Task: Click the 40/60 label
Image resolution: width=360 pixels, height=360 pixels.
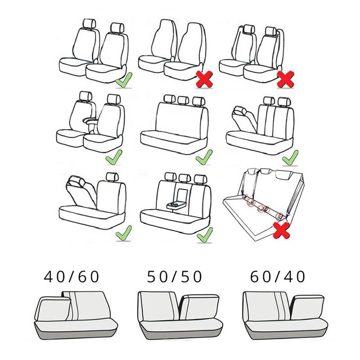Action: point(71,276)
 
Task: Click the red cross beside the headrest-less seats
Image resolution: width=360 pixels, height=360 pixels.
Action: point(205,80)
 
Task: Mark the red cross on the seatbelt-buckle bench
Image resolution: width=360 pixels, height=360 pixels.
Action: point(281,230)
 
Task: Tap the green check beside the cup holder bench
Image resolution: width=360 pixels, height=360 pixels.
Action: point(205,234)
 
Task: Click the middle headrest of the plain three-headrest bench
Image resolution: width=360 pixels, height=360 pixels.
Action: point(183,100)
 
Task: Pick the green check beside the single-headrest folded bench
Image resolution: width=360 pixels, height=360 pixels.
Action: point(123,233)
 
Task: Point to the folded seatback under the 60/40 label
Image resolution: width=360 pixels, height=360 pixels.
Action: point(307,309)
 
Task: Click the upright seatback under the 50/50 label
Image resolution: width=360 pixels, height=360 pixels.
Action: point(157,306)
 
